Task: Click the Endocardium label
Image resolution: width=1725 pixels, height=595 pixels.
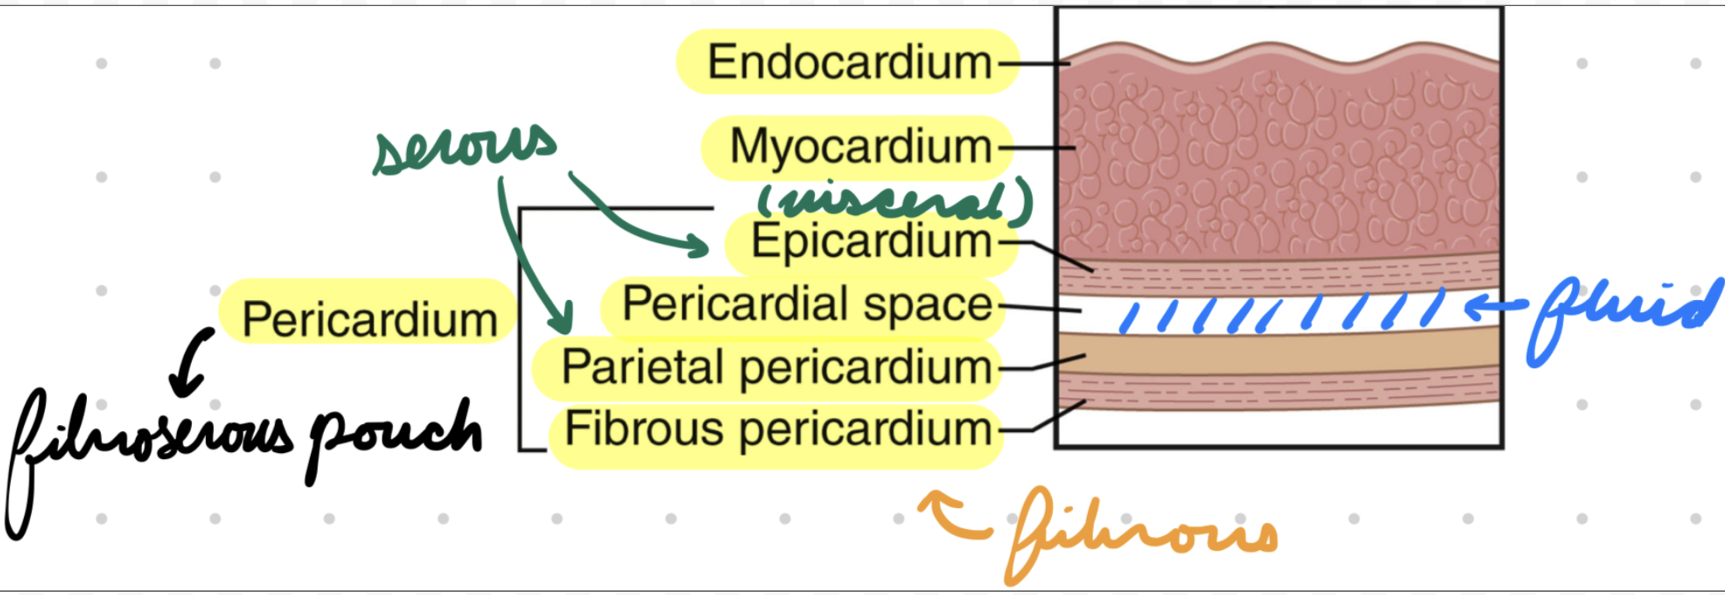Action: [x=849, y=62]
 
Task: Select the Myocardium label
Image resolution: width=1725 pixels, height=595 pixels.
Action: [x=861, y=147]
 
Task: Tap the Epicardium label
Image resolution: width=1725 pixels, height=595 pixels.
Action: [x=871, y=241]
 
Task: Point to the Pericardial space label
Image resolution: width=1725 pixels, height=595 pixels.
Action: [x=807, y=304]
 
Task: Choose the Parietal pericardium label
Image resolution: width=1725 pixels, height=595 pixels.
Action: [x=776, y=367]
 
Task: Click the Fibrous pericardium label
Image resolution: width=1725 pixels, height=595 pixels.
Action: [x=778, y=429]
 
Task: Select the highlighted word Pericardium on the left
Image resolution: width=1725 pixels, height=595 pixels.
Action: [x=370, y=319]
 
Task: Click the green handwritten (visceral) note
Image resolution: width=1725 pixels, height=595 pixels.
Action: [x=895, y=199]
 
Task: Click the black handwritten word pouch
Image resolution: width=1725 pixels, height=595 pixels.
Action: [x=395, y=439]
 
